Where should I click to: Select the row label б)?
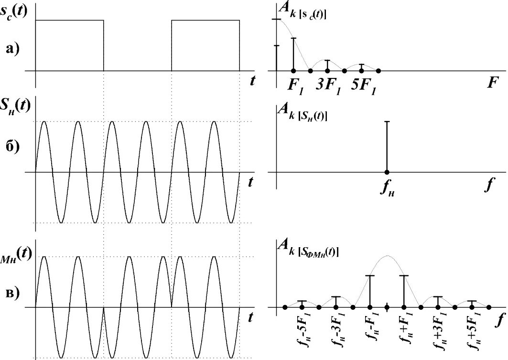point(13,147)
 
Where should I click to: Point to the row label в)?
point(13,294)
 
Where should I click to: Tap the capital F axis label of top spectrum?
point(492,83)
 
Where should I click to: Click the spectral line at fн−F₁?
point(370,291)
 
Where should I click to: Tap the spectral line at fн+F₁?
point(404,291)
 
